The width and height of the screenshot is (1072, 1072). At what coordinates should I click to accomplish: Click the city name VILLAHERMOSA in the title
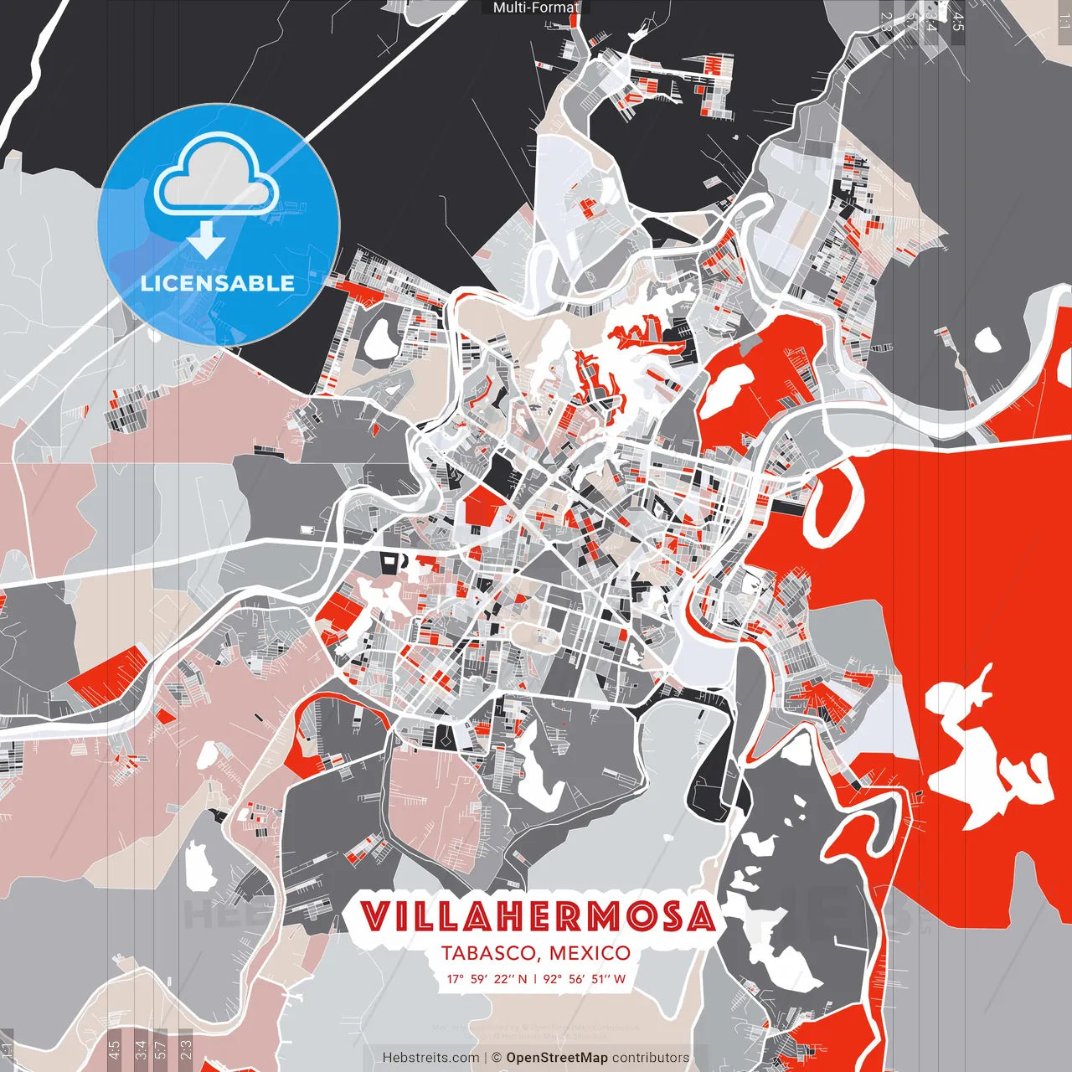coord(538,917)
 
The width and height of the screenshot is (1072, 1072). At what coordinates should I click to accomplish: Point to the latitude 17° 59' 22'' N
coord(486,978)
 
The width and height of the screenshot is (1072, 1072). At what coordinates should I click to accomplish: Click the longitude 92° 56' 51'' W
coord(584,978)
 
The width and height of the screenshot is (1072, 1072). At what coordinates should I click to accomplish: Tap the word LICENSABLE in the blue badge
coord(218,283)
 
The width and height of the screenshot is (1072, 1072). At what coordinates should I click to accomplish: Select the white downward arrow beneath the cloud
coord(206,240)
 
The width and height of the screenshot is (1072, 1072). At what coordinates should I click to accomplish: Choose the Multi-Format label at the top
coord(536,8)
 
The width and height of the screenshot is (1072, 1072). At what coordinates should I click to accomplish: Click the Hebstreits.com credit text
coord(430,1058)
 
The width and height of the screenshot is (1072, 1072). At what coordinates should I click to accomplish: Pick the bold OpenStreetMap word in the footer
coord(557,1058)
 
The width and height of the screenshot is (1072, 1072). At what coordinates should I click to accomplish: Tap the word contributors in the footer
coord(651,1058)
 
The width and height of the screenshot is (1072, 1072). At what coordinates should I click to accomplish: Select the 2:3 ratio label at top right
coord(887,22)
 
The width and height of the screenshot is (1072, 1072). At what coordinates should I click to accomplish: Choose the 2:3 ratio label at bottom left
coord(186,1049)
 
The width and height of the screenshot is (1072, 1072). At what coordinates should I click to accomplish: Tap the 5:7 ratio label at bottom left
coord(161,1049)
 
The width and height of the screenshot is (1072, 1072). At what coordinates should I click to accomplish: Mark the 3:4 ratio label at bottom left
coord(141,1049)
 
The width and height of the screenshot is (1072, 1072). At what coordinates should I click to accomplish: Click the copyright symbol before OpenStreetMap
coord(496,1058)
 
